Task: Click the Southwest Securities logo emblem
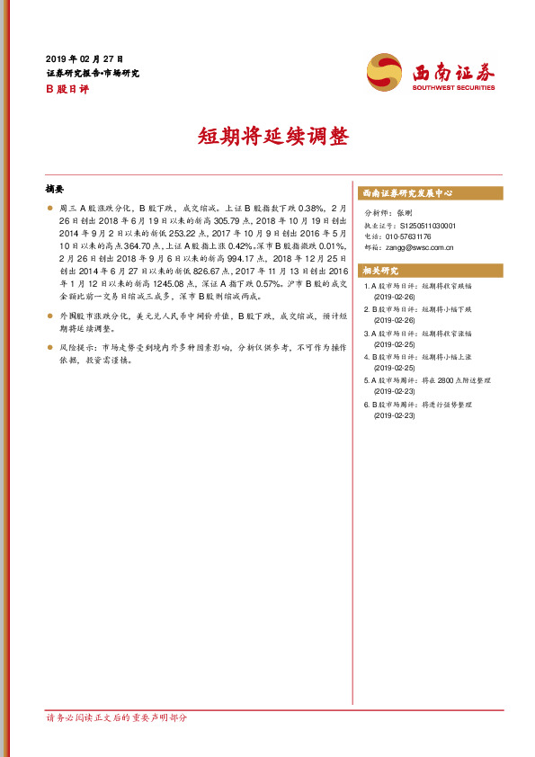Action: [385, 71]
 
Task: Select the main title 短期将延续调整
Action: [267, 138]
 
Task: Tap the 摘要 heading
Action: [56, 191]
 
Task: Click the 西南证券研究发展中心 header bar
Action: [431, 193]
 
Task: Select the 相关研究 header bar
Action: [431, 272]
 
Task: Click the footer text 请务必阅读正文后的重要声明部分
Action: [117, 718]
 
